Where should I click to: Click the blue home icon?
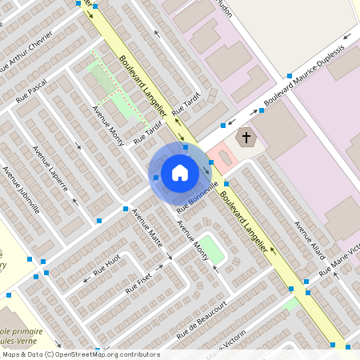[180, 173]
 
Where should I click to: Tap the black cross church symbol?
[246, 138]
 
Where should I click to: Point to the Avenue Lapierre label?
[50, 168]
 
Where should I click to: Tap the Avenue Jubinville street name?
[21, 190]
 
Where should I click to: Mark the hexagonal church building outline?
[246, 138]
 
